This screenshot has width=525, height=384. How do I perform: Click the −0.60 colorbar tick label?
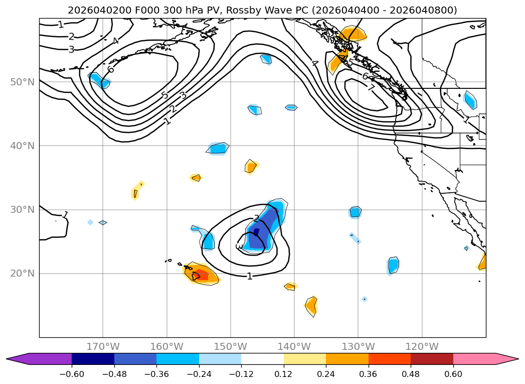pos(72,374)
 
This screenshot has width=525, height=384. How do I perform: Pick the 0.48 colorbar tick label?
pos(411,374)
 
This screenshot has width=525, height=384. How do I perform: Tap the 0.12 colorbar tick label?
pos(284,374)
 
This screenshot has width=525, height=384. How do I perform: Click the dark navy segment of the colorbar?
pos(93,359)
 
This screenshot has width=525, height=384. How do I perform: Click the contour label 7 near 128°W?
pos(371,88)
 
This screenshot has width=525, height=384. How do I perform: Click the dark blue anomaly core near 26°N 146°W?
pos(256,232)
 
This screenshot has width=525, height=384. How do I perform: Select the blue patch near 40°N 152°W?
pos(219,148)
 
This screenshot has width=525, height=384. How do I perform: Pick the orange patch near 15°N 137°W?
pos(311,305)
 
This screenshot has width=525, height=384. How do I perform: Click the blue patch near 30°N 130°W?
pos(355,212)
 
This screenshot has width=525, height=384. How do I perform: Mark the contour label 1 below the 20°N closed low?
pos(249,276)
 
